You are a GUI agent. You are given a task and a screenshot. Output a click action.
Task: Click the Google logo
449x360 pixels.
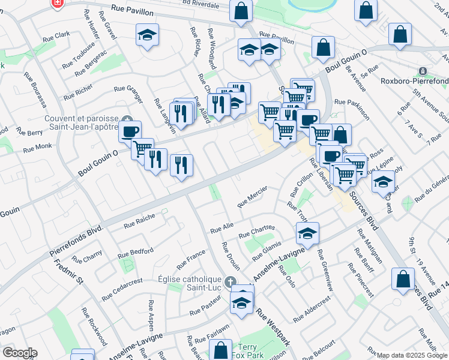(x=19, y=353)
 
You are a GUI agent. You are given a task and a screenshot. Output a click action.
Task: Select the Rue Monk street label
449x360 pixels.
(x=38, y=149)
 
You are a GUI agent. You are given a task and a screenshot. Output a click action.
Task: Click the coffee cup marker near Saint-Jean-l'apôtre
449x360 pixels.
(x=129, y=130)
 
